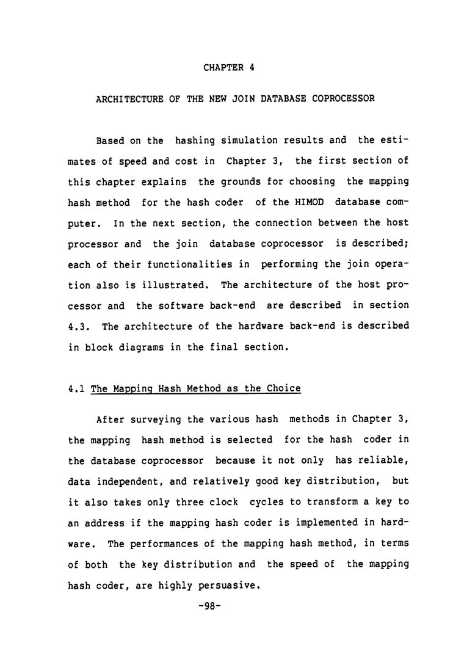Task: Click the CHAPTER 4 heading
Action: pyautogui.click(x=228, y=68)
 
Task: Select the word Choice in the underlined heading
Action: pyautogui.click(x=283, y=388)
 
